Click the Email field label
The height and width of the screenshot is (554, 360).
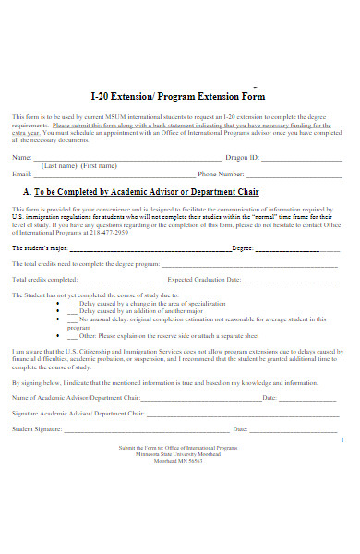click(21, 174)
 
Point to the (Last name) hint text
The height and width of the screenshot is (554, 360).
click(58, 166)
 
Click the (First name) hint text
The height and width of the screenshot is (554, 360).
click(100, 166)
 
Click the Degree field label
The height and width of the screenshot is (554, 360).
click(242, 248)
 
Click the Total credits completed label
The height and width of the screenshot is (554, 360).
click(44, 278)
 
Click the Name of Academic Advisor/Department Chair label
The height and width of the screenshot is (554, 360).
click(76, 398)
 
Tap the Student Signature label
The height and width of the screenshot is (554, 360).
click(37, 429)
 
